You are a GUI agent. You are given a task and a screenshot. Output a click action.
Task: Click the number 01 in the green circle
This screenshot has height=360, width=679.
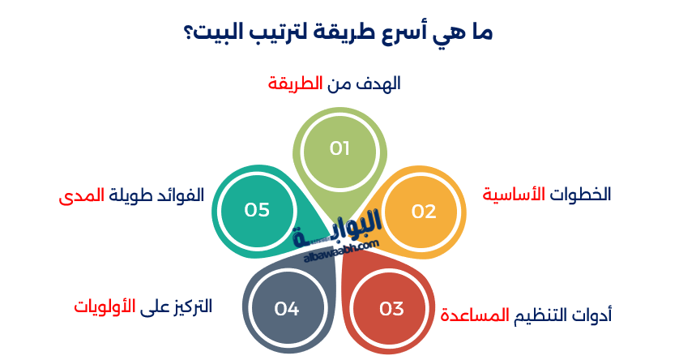339,148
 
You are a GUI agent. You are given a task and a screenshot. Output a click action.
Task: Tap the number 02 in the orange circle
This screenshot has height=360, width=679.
424,212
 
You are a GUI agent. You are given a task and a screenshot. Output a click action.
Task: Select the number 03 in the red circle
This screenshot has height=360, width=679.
391,309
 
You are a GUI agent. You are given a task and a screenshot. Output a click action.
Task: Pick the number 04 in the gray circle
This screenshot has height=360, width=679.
287,309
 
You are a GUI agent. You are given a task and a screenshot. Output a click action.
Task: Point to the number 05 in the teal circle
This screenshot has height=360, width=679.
257,210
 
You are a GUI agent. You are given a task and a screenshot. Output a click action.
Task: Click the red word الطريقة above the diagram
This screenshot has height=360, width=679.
295,84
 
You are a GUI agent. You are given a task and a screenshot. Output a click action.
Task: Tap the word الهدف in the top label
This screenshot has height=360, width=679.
378,84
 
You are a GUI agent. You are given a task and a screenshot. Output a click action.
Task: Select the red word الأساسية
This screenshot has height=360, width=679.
514,194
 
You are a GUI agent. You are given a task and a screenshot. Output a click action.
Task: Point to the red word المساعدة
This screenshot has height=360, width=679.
475,315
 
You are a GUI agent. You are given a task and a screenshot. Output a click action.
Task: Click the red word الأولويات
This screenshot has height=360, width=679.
105,306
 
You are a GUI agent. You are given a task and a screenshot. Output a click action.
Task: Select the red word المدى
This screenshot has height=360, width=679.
81,196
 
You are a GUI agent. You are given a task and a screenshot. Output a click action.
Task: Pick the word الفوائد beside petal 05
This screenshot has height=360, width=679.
181,195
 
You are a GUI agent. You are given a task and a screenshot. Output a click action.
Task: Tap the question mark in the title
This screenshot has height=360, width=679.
190,32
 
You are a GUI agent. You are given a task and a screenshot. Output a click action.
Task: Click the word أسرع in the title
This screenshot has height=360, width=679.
406,32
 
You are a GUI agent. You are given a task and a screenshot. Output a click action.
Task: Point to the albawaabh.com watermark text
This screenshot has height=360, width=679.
341,251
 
